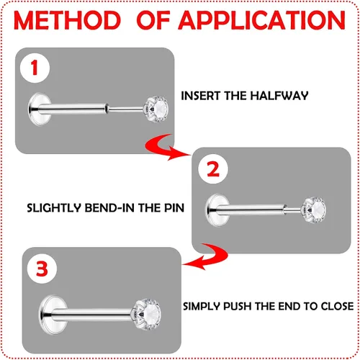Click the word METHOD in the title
(x=67, y=20)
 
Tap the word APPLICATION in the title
(x=262, y=20)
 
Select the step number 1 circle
(x=35, y=68)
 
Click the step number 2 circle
(x=213, y=169)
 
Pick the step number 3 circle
(x=42, y=269)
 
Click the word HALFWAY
(x=279, y=96)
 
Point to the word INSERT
(x=201, y=96)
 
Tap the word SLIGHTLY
(x=54, y=208)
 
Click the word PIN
(x=174, y=208)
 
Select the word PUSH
(x=238, y=307)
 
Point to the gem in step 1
(x=156, y=109)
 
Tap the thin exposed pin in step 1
(x=125, y=109)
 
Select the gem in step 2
(x=315, y=210)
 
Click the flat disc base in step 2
(x=217, y=210)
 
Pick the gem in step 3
(x=147, y=314)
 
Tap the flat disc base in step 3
(x=52, y=315)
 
